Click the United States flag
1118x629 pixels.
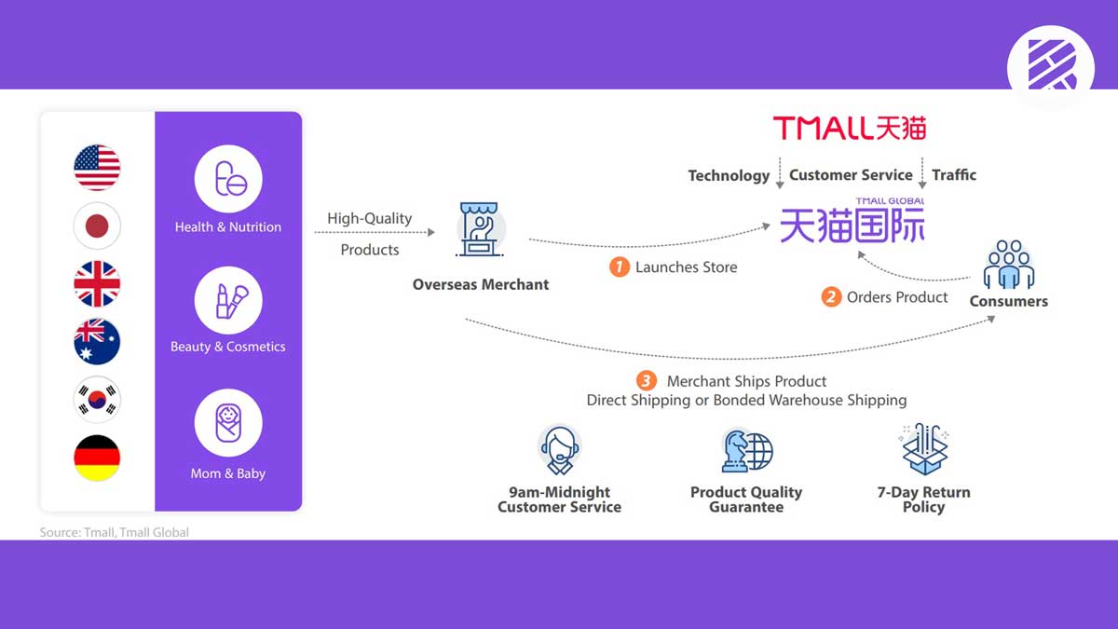97,168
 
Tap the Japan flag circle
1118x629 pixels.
97,226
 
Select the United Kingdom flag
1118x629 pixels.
97,284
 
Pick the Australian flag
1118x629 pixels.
97,342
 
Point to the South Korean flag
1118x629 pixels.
97,400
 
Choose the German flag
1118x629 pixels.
97,458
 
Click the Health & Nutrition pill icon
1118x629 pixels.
228,178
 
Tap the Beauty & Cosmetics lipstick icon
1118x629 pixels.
228,300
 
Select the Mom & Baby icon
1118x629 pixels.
228,424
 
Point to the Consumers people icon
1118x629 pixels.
1009,265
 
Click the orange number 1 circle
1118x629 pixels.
620,267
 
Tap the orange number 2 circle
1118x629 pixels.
831,297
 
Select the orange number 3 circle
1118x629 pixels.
646,380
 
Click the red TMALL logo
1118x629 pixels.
850,128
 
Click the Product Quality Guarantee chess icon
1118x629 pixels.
746,451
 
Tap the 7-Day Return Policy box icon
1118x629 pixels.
924,448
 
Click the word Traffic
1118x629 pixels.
954,174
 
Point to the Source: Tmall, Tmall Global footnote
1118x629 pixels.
114,532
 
